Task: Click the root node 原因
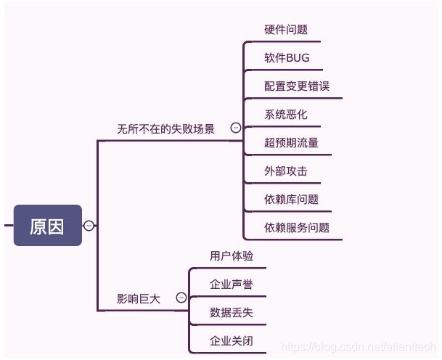47,226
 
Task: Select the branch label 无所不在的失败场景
165,128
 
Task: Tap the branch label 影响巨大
138,298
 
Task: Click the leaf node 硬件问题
286,30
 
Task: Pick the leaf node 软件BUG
287,58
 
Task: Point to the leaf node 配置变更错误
297,86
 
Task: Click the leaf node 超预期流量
291,143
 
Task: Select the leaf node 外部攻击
286,171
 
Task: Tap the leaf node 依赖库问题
291,199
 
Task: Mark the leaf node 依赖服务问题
297,227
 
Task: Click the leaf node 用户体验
232,255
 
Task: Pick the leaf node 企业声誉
232,284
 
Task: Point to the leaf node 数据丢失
232,312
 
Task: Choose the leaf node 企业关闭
232,340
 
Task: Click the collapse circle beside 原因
89,226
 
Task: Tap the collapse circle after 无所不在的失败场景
235,128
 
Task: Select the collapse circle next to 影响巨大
181,298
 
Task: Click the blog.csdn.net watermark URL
359,348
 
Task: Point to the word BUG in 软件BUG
298,58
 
